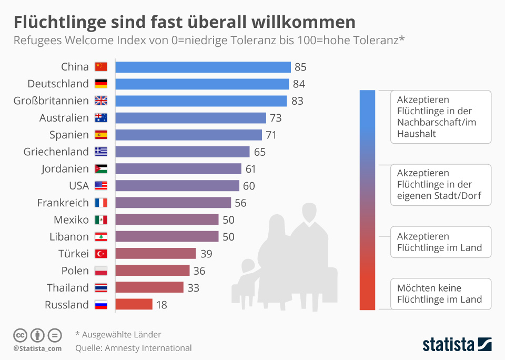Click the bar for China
203,67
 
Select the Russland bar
134,305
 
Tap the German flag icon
100,84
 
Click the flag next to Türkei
100,254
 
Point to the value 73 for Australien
276,118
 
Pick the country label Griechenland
56,152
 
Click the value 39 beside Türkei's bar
206,254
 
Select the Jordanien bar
178,169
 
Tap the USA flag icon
100,186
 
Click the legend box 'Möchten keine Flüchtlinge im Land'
440,294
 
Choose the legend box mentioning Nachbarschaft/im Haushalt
440,117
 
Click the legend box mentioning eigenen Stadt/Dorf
440,185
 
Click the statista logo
457,345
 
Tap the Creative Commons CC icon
21,335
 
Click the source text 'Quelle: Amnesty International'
133,348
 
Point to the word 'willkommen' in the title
303,22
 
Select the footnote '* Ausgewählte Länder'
118,335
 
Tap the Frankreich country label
63,203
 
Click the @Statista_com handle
37,348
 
